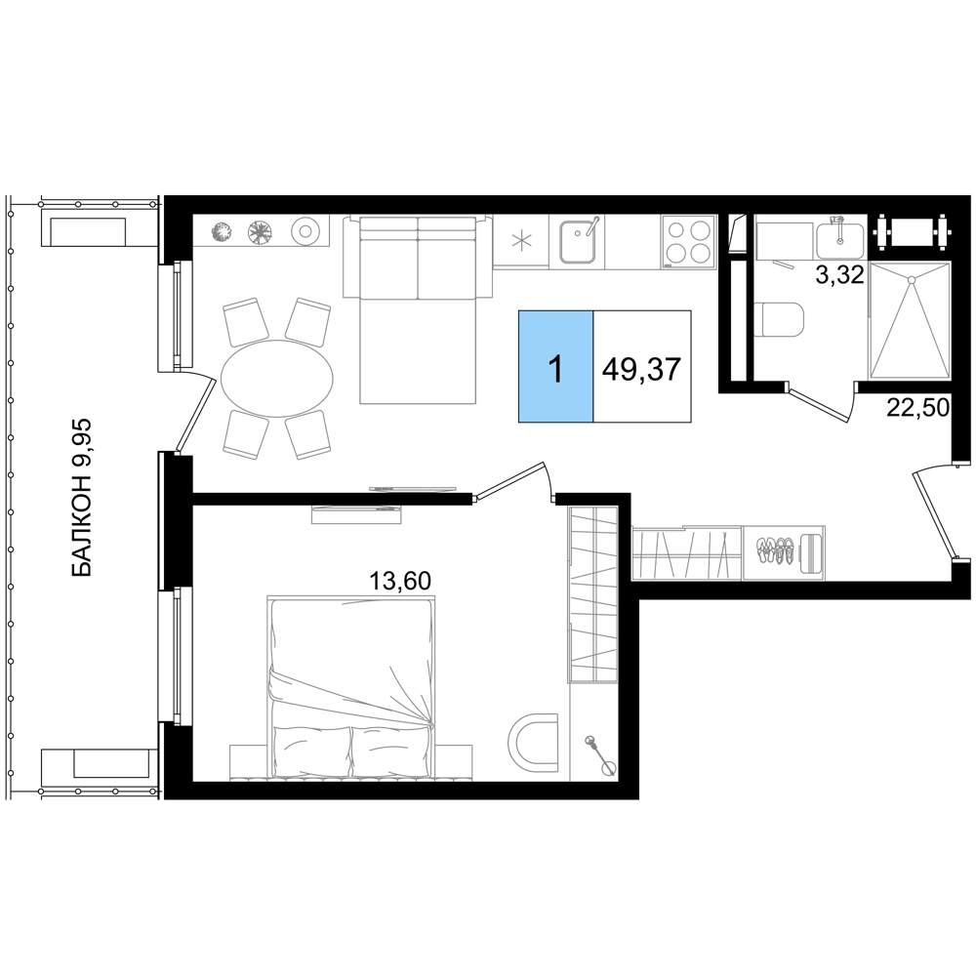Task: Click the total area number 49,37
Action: [642, 369]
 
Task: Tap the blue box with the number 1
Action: [556, 366]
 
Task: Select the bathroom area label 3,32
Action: [839, 274]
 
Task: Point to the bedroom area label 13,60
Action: [400, 582]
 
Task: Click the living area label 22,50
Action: [918, 408]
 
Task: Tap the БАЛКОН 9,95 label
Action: [82, 498]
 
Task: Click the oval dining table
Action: [277, 378]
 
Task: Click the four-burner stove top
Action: [687, 241]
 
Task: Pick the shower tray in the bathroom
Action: [910, 320]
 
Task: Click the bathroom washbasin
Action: [839, 240]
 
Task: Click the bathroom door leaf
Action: [818, 403]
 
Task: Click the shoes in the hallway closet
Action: [775, 550]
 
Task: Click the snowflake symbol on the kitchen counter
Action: [521, 241]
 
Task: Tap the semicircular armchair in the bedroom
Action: [532, 743]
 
